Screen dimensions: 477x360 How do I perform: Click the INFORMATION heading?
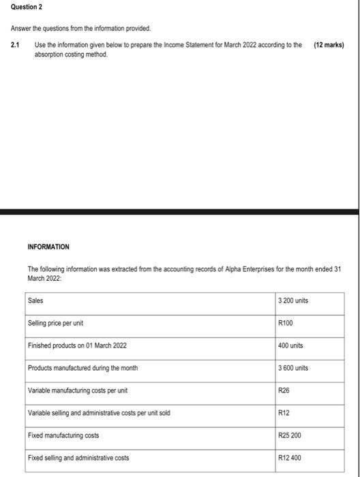[47, 246]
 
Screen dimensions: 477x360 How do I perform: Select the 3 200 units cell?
[294, 300]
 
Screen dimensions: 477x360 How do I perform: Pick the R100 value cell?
[285, 322]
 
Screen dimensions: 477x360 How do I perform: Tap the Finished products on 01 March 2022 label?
[77, 345]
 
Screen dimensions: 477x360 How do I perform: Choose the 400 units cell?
[291, 345]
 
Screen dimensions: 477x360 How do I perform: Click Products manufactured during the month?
[82, 367]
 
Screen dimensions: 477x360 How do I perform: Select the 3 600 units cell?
[294, 367]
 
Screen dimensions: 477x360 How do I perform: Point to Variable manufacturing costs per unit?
[78, 390]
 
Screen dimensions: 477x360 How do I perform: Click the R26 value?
[284, 390]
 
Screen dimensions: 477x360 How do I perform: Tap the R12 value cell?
[284, 412]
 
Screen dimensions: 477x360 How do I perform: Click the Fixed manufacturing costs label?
[63, 435]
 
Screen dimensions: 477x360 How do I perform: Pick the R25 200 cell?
[290, 435]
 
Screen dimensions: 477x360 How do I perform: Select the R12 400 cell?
[290, 457]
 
